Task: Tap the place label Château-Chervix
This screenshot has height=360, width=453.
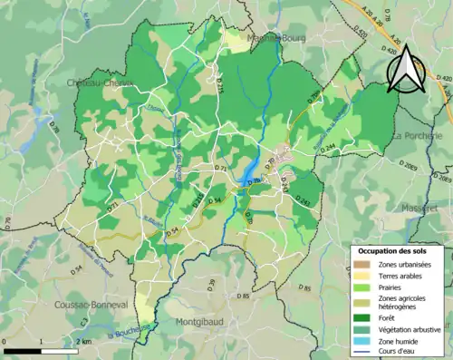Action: pos(101,83)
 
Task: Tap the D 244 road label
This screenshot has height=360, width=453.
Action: pos(327,147)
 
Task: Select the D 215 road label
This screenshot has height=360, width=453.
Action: pos(198,209)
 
